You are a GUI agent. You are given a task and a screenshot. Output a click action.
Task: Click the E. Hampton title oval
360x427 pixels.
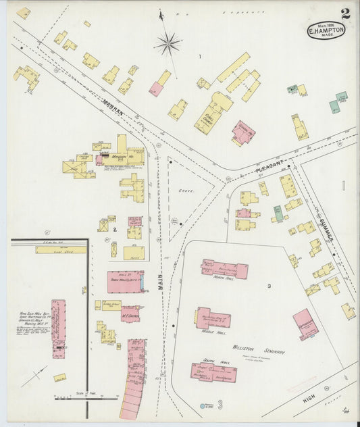[326, 30]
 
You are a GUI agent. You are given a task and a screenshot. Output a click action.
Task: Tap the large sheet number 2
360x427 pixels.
[345, 13]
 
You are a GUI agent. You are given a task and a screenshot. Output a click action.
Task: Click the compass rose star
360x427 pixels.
[167, 45]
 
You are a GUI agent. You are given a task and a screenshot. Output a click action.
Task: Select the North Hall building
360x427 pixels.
[224, 268]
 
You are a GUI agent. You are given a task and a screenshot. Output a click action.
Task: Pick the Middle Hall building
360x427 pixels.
[213, 318]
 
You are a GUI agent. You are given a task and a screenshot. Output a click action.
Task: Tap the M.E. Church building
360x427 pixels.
[130, 313]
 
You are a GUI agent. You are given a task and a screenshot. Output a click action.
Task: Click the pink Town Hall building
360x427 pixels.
[125, 282]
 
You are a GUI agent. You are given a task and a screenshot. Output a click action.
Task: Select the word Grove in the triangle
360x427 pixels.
[186, 191]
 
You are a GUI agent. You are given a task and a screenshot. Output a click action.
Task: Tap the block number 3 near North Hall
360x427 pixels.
[269, 286]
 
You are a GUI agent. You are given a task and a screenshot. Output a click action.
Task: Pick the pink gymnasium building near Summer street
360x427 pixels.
[305, 324]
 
